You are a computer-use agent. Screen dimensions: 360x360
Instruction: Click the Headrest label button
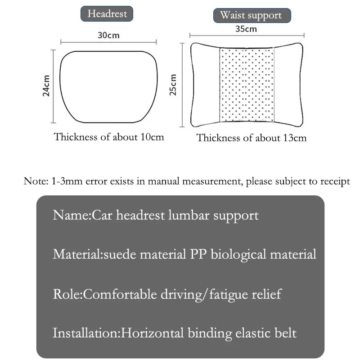tap(107, 13)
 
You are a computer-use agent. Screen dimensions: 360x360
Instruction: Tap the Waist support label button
tap(251, 15)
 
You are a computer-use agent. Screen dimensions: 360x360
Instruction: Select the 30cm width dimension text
tap(108, 35)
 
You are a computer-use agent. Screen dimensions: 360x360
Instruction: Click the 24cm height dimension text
tap(46, 85)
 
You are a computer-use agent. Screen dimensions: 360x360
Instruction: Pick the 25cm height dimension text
tap(174, 85)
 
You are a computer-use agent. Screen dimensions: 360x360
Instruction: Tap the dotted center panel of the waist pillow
tap(246, 85)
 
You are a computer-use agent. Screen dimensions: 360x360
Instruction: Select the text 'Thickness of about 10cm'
tap(109, 137)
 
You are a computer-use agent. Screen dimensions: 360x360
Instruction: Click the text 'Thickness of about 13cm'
tap(252, 138)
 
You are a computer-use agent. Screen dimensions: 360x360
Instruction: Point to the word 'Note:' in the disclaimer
tap(34, 182)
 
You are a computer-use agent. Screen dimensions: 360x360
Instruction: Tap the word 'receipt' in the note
tap(334, 182)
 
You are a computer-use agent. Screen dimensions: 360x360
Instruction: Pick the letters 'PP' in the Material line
tap(193, 254)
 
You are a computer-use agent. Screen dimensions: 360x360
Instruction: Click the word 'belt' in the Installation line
tap(286, 333)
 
